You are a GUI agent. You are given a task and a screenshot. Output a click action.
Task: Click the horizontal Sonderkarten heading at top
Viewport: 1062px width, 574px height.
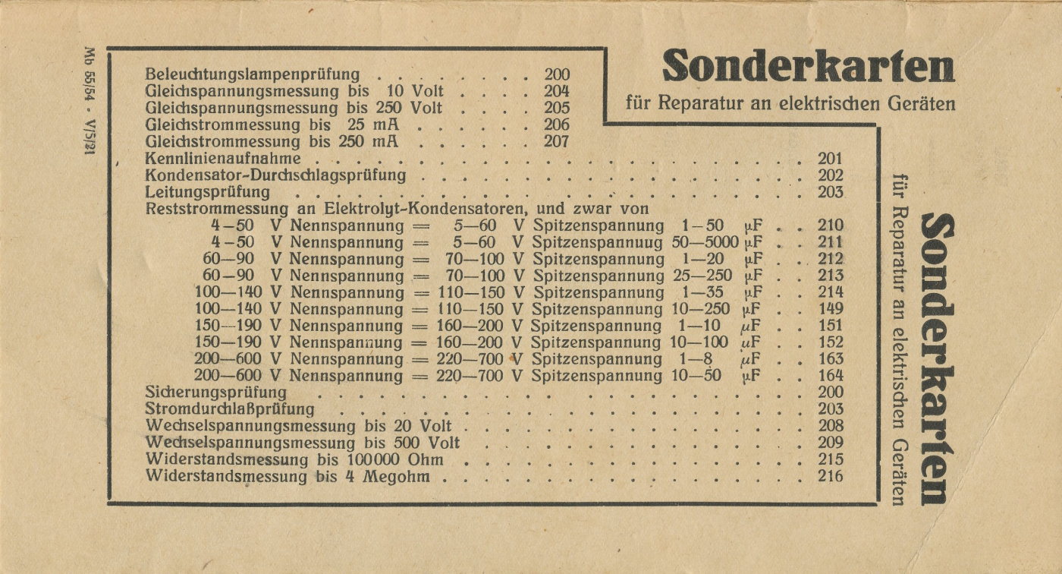pyautogui.click(x=808, y=68)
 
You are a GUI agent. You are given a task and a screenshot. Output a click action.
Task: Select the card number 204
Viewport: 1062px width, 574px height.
pyautogui.click(x=557, y=91)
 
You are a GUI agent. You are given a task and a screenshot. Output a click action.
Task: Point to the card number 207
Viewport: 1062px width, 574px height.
pyautogui.click(x=557, y=141)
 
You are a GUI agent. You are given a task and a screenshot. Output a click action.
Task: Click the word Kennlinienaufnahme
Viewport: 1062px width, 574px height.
pyautogui.click(x=223, y=159)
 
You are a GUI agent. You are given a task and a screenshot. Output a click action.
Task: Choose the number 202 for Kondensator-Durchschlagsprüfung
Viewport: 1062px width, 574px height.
pyautogui.click(x=831, y=175)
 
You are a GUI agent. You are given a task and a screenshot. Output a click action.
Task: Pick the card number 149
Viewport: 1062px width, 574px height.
pyautogui.click(x=831, y=309)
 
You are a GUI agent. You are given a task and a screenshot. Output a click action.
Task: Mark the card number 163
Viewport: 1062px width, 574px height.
pyautogui.click(x=831, y=359)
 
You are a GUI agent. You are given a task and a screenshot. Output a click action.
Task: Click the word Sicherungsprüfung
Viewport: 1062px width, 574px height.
pyautogui.click(x=215, y=393)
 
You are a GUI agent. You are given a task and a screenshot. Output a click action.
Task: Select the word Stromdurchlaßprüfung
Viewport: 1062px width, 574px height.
pyautogui.click(x=225, y=409)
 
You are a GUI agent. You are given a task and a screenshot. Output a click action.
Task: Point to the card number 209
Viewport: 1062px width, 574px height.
pyautogui.click(x=831, y=443)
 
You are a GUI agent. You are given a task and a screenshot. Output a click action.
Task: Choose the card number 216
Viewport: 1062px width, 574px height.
pyautogui.click(x=831, y=476)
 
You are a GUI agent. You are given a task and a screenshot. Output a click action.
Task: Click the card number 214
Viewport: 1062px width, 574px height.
pyautogui.click(x=831, y=292)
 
